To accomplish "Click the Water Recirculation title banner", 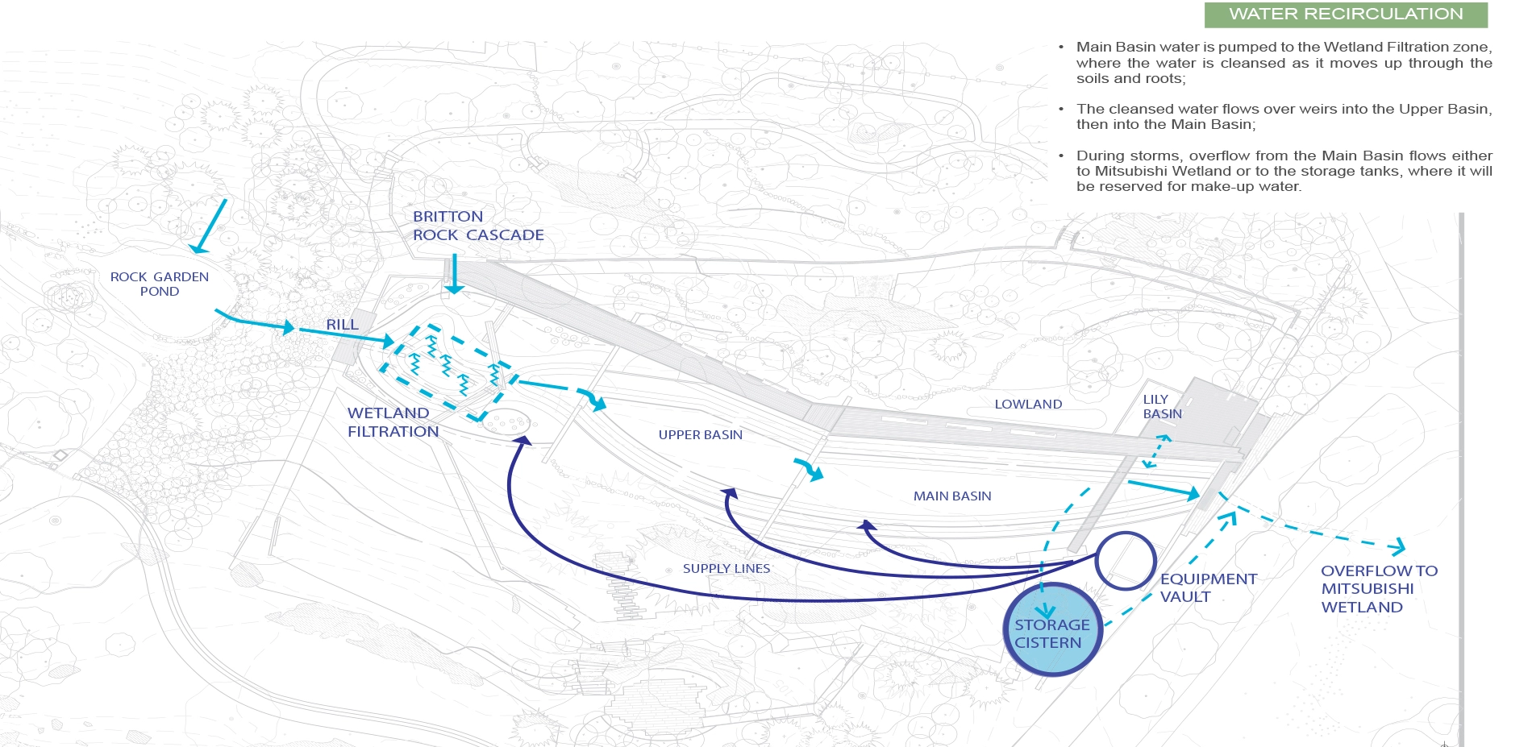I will point(1345,15).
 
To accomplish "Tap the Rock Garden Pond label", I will point(160,284).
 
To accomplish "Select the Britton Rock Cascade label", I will point(477,226).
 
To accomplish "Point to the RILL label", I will point(342,325).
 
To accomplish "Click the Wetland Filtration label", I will point(393,422).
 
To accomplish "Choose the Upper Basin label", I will point(700,435).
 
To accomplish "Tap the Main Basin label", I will point(951,496).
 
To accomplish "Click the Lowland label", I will point(1028,405).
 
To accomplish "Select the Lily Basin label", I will point(1162,407).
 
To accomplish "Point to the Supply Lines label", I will point(726,569).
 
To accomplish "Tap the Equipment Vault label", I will point(1208,588).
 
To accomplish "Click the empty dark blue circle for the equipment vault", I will point(1126,561).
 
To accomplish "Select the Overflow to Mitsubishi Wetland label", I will point(1378,589).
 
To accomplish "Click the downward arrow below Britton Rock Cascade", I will point(455,274).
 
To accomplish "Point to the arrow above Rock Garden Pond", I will point(209,226).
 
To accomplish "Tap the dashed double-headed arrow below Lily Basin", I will point(1155,451).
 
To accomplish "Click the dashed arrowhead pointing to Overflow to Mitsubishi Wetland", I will point(1397,547).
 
